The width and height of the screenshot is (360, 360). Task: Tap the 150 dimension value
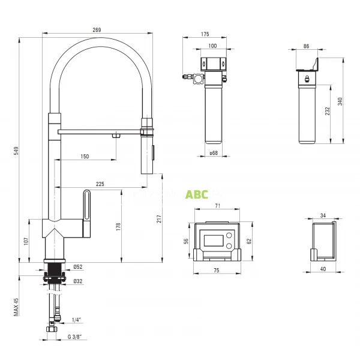tap(84, 157)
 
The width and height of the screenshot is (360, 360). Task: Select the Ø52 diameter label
tap(77, 267)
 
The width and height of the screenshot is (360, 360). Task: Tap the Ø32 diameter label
tap(77, 280)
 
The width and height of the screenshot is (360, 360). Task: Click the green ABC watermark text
tap(196, 194)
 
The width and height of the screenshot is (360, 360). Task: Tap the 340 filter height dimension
tap(341, 101)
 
